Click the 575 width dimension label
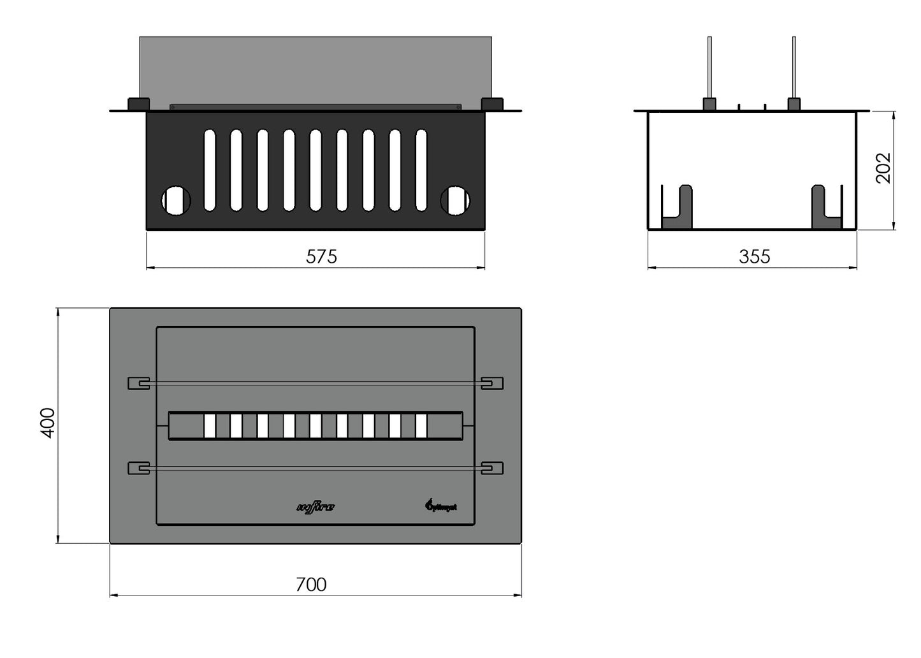coord(321,256)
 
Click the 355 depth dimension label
coord(754,256)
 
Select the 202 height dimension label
coord(883,168)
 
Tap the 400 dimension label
coord(48,423)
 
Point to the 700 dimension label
coord(311,584)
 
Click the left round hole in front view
coord(176,200)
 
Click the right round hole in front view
coord(455,200)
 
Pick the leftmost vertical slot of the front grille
coord(210,170)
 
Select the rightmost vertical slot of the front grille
coord(421,170)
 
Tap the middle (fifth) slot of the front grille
coord(315,170)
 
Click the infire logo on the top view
coord(315,508)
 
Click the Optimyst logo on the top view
coord(440,506)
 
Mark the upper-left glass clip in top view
coord(139,383)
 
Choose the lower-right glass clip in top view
coord(492,468)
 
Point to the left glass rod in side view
coord(709,67)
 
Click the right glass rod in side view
coord(794,67)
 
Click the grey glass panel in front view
coord(315,70)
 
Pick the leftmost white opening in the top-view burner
coord(210,426)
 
